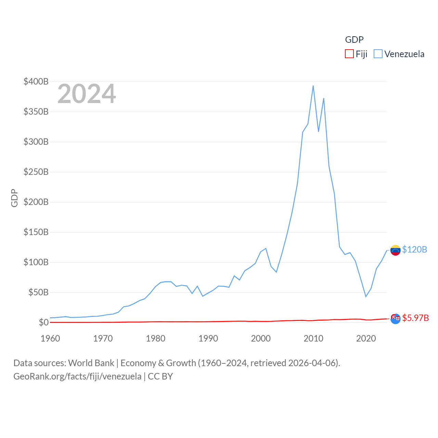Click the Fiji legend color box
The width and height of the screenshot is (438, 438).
349,54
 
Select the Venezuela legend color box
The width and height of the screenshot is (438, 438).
378,54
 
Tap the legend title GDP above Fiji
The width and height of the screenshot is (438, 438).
354,40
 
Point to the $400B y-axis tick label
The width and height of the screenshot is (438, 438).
36,81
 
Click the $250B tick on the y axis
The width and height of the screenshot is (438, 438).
36,172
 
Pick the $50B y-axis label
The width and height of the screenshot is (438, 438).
38,292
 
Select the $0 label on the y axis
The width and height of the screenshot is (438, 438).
43,322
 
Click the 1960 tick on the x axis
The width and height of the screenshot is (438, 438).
50,338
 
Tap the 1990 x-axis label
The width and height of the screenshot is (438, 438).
208,338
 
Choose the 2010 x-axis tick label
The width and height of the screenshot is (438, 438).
313,338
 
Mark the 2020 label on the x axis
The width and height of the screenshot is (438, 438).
366,338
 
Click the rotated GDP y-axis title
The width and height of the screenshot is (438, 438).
14,198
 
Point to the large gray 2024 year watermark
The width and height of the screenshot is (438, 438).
87,94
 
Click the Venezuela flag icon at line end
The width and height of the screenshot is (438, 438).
395,250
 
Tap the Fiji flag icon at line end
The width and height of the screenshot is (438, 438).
395,319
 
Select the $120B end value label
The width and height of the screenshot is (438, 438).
414,249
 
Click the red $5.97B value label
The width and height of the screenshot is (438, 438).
415,318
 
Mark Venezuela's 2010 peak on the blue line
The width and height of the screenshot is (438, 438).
313,86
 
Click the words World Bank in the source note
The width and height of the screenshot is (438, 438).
91,363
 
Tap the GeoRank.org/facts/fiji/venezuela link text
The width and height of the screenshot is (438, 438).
77,376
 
